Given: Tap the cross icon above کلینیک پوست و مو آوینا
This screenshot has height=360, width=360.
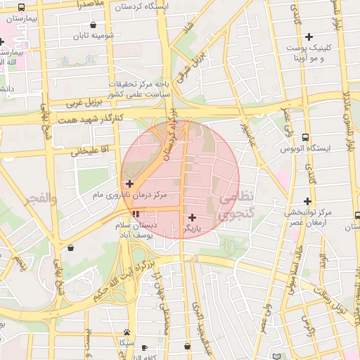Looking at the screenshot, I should click(308, 37).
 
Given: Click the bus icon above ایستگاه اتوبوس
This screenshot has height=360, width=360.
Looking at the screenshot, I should click(304, 138).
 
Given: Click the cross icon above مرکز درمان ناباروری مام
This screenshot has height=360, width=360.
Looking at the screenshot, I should click(129, 184).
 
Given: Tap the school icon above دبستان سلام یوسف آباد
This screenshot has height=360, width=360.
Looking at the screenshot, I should click(135, 214).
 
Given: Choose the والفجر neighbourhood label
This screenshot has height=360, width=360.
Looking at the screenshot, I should click(39, 199).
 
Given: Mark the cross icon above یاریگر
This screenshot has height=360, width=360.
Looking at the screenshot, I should click(192, 217).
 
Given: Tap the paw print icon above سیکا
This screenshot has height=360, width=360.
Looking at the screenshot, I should click(126, 332).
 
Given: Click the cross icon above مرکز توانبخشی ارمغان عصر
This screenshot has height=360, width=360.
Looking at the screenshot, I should click(308, 201).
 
